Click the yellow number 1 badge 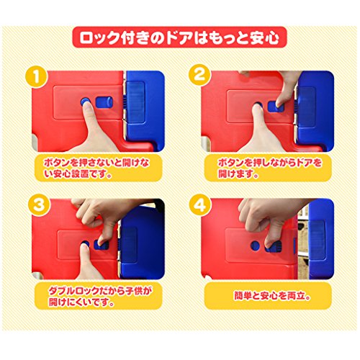tap(37, 77)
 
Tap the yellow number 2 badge tap(200, 74)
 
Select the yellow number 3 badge tap(39, 205)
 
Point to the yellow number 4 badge tap(200, 205)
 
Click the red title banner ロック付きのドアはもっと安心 tap(179, 37)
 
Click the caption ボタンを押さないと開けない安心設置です tap(96, 168)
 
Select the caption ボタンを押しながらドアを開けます tap(270, 168)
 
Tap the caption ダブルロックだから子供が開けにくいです tap(100, 297)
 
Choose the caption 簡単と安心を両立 tap(272, 295)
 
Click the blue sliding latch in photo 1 tap(104, 102)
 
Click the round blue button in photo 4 tap(255, 245)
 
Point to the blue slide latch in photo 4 tap(274, 247)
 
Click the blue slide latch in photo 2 tap(276, 107)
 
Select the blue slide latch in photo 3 tap(102, 245)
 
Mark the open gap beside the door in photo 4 tap(302, 243)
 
